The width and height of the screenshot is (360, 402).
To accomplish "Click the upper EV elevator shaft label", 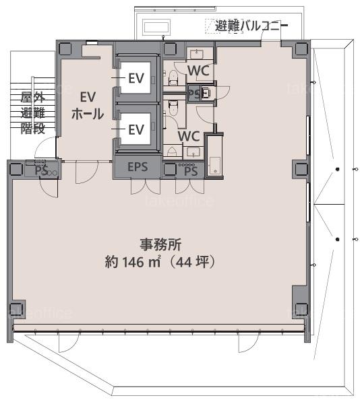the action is (x=136, y=78).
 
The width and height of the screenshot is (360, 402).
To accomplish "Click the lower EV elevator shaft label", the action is (x=136, y=130).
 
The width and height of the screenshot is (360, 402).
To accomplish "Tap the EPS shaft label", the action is (x=138, y=167).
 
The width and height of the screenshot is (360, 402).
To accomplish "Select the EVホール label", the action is (x=88, y=105).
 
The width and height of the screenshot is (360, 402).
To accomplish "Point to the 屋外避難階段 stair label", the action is (x=33, y=113).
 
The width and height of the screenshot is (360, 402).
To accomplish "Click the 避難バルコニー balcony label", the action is (x=251, y=26).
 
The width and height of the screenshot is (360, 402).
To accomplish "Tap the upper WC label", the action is (x=199, y=71).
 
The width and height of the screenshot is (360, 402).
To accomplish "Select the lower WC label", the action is (x=189, y=136).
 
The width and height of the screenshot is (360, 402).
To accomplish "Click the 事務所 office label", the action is (x=160, y=244).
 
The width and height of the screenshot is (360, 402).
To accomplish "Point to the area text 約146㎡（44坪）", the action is (x=160, y=262).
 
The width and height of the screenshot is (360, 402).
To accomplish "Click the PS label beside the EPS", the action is (x=191, y=171).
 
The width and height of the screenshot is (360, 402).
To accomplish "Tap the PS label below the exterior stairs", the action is (x=42, y=171).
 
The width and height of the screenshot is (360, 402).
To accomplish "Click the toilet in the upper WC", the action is (x=173, y=77).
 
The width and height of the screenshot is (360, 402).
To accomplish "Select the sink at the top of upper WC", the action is (x=197, y=54).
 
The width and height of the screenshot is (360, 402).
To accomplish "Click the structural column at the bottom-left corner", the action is (x=17, y=310).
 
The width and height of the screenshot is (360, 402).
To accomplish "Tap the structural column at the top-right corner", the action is (x=301, y=48).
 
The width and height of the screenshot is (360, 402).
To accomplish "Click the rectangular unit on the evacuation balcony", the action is (x=156, y=27).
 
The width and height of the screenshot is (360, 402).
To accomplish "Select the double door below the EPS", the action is (x=146, y=187).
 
